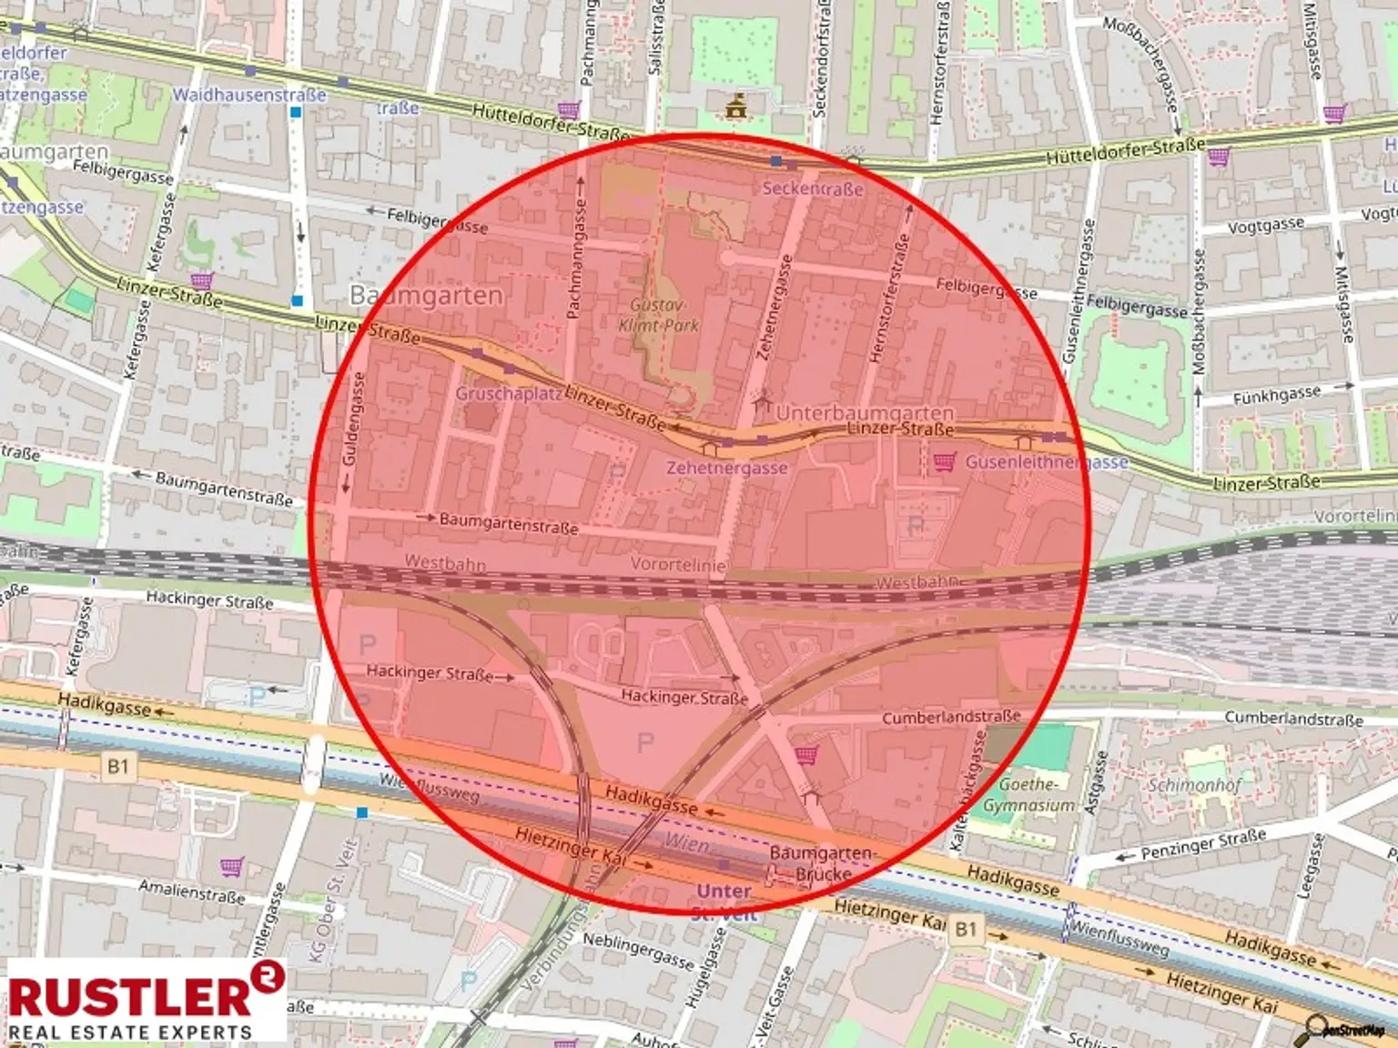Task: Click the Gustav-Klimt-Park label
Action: point(659,315)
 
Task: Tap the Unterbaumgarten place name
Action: point(865,413)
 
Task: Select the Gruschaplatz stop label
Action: point(508,394)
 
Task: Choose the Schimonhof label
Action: point(1194,784)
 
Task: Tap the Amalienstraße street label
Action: point(191,891)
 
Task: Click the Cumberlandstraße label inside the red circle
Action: point(950,717)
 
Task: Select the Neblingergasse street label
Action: point(637,950)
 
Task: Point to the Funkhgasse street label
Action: point(1276,396)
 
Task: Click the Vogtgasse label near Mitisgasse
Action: point(1265,226)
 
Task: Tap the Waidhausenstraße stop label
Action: point(248,95)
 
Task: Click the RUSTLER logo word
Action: point(129,996)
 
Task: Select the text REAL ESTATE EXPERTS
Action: point(129,1032)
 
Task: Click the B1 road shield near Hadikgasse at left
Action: point(118,766)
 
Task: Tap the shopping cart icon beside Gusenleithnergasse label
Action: point(944,462)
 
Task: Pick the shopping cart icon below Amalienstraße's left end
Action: point(231,866)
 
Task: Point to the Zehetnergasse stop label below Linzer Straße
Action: point(726,468)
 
